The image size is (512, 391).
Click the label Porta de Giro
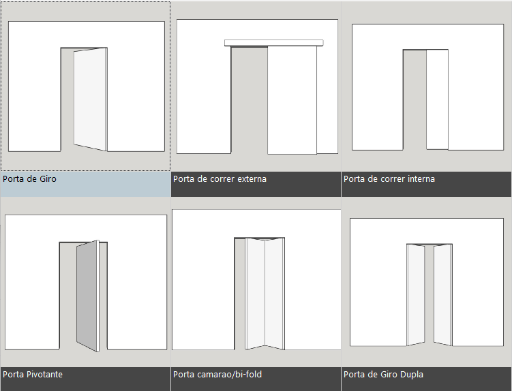coord(29,179)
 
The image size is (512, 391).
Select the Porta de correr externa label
coord(220,179)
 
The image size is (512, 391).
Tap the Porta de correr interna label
coord(389,179)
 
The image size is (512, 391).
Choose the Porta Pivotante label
coord(32,374)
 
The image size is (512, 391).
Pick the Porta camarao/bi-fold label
coord(217,374)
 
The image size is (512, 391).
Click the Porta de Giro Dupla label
coord(383,374)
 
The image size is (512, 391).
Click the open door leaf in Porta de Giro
coord(90,99)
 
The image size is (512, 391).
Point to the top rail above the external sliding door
coord(274,43)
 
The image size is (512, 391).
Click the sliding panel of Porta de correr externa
coord(292,100)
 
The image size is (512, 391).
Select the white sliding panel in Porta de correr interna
coord(437,99)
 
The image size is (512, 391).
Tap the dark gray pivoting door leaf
coord(87,296)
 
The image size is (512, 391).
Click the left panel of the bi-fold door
coord(255,294)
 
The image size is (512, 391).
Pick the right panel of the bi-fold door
coord(273,294)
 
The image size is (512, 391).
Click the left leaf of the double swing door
coord(416,295)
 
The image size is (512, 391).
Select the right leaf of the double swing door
coord(442,295)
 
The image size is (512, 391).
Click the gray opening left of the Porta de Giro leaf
coord(67,99)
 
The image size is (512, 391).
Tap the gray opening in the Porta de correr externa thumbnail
coord(249,100)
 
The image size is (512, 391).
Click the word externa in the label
coord(252,179)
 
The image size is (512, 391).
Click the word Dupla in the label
coord(412,374)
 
